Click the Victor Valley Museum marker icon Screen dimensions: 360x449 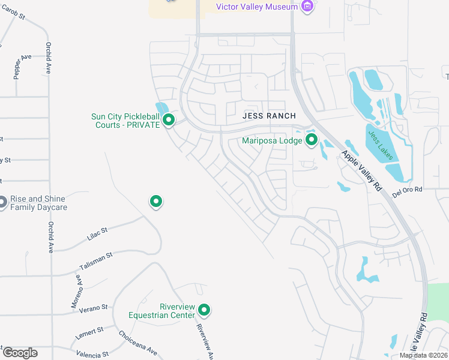[x=308, y=7]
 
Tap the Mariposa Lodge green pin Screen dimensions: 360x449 [x=312, y=140]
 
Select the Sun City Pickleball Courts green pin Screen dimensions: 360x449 [x=169, y=121]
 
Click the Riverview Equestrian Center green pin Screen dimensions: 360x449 [x=204, y=310]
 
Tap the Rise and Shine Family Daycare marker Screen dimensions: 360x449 [x=2, y=203]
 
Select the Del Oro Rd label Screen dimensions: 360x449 [x=408, y=190]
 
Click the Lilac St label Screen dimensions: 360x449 [x=97, y=233]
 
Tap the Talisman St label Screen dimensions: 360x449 [x=96, y=259]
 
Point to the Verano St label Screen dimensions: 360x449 [x=95, y=307]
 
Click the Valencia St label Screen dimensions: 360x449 [x=93, y=354]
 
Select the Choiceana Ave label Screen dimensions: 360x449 [x=137, y=343]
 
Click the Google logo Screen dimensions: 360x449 [x=20, y=353]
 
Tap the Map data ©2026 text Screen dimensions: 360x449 [x=423, y=355]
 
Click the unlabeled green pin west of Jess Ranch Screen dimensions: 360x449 [x=156, y=202]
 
